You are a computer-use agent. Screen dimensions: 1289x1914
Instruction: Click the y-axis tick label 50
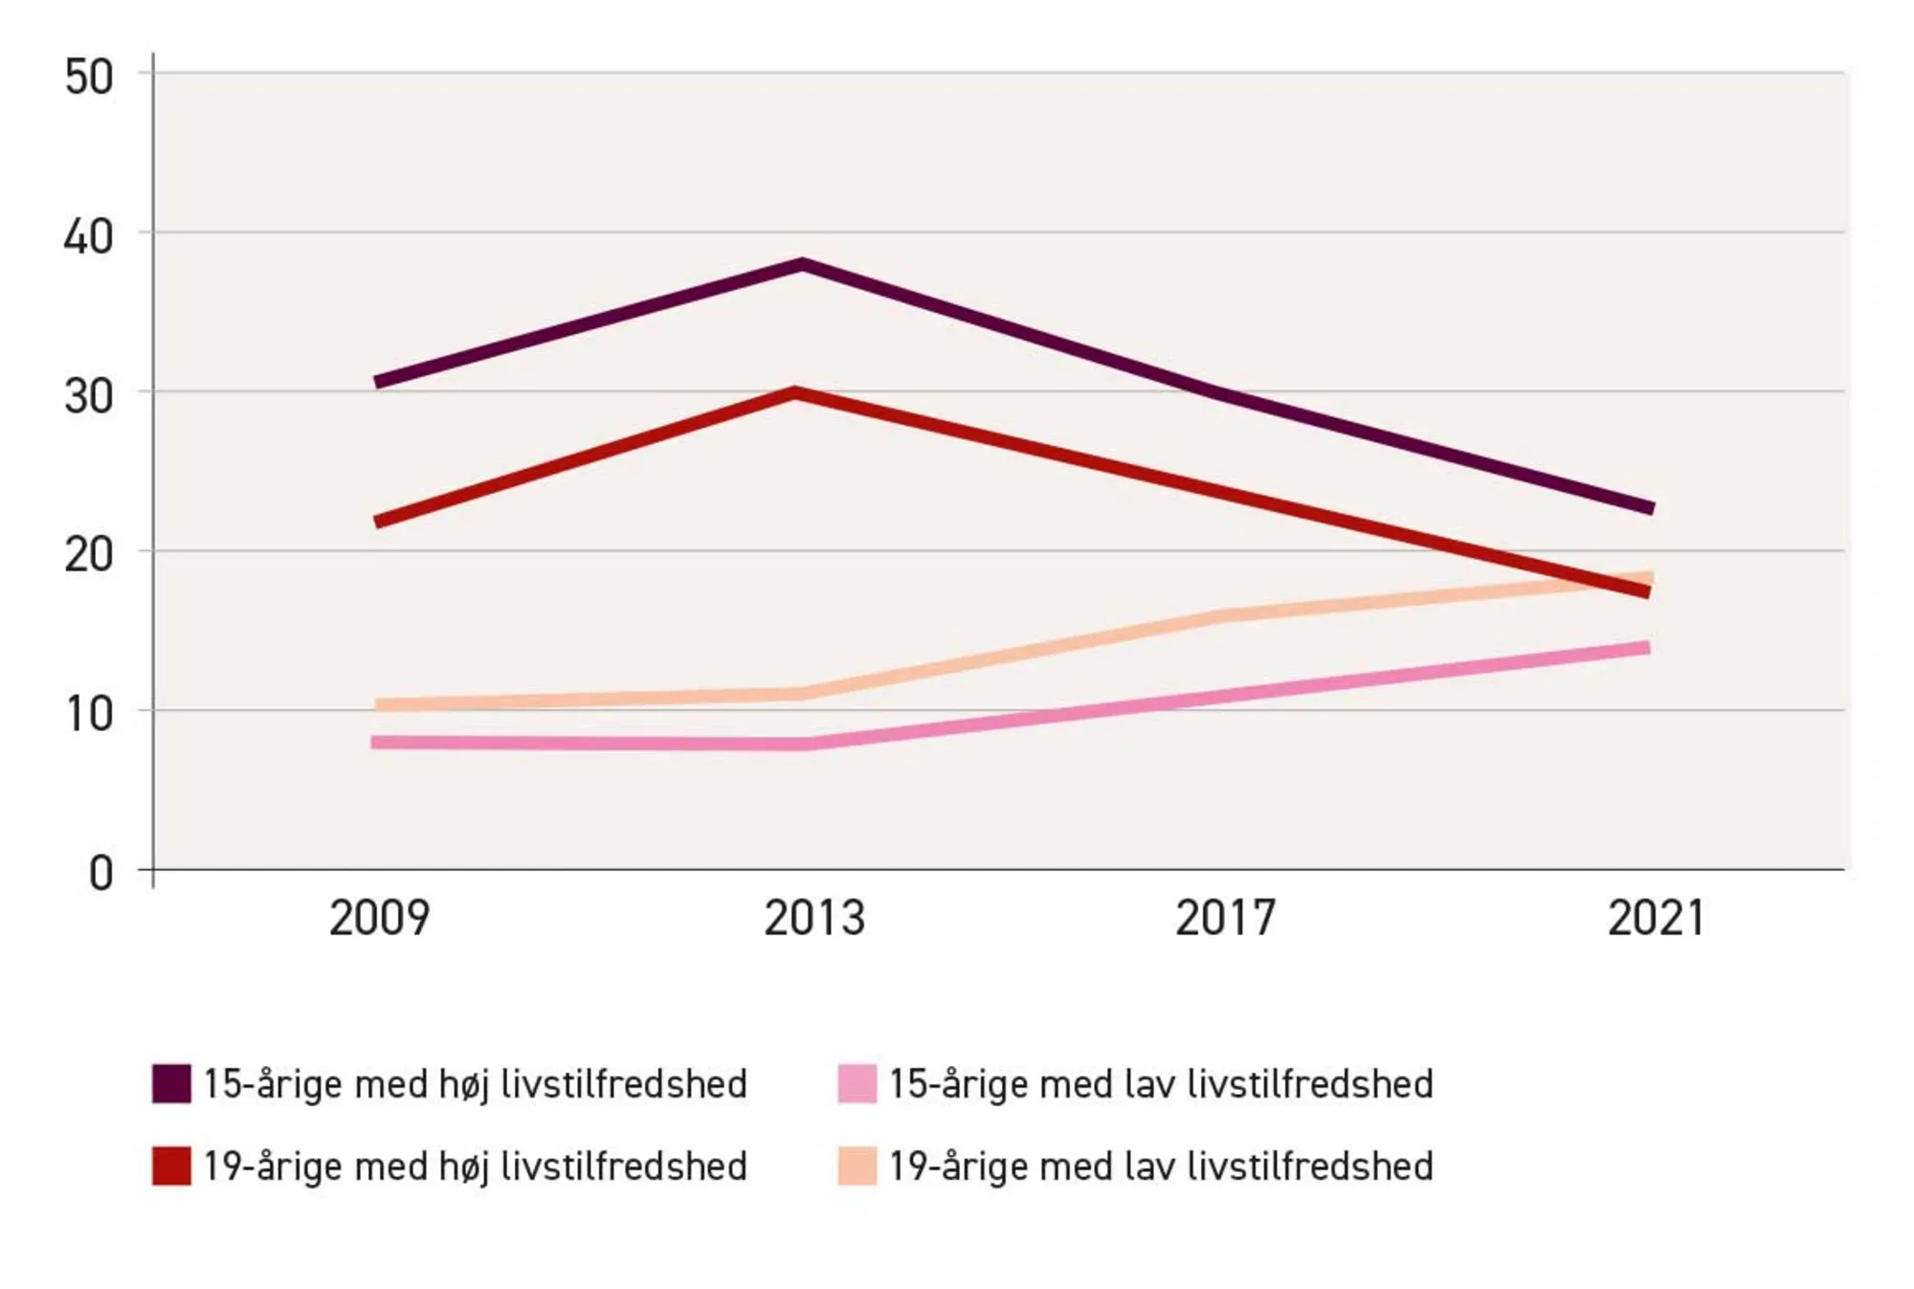(88, 77)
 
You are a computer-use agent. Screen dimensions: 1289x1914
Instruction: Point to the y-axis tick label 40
(88, 236)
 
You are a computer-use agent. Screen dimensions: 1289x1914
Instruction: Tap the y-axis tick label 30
(88, 396)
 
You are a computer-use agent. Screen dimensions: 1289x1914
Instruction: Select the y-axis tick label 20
(88, 555)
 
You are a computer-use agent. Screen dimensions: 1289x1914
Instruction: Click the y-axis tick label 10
(88, 714)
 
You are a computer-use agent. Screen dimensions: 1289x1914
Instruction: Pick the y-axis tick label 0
(100, 874)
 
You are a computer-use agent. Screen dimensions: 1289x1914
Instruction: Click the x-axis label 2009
(379, 918)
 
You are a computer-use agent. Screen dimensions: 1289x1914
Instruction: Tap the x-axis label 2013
(813, 918)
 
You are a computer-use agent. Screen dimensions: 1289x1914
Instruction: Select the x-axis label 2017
(1225, 918)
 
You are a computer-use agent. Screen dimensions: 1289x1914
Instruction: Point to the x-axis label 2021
(1656, 918)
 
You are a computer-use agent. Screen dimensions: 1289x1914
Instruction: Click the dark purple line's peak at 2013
(802, 264)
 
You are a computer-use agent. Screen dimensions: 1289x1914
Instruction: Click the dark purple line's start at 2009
(377, 382)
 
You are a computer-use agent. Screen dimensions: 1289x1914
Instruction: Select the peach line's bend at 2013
(802, 693)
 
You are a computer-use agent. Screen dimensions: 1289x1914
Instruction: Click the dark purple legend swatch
(171, 1083)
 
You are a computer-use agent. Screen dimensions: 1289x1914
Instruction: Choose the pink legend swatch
(857, 1083)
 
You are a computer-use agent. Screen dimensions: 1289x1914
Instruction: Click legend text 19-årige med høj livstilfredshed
(475, 1167)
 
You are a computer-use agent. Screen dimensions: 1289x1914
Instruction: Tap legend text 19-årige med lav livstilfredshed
(1160, 1167)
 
